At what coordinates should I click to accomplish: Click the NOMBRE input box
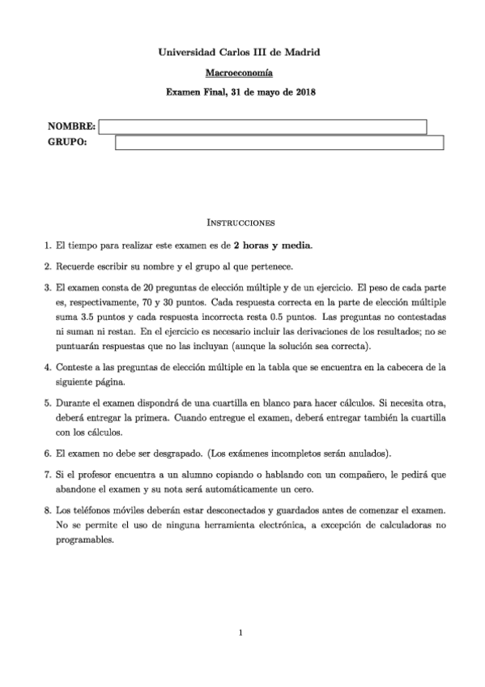[x=262, y=126]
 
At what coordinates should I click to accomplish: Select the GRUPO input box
[x=279, y=143]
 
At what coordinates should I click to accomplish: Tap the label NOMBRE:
[x=72, y=126]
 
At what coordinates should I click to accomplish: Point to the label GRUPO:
[x=67, y=143]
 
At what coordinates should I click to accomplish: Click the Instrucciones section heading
[x=241, y=221]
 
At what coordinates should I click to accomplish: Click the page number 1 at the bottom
[x=241, y=633]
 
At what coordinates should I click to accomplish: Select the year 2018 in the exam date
[x=304, y=92]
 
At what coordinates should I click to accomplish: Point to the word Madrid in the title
[x=301, y=53]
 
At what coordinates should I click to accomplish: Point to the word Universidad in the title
[x=188, y=53]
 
